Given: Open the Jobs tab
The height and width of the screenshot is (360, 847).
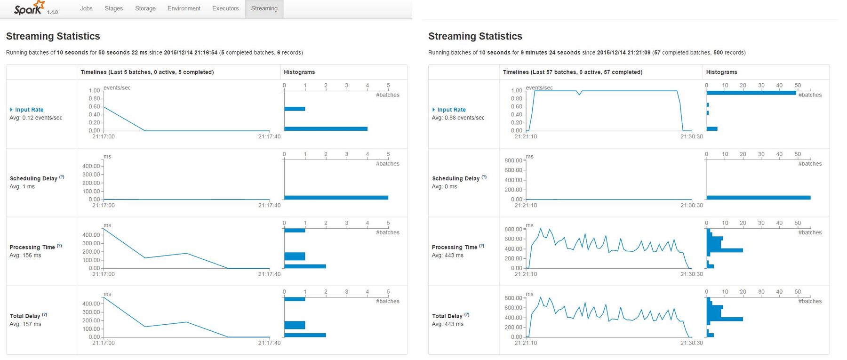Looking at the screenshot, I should tap(86, 8).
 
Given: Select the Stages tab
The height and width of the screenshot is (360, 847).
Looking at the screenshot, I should tap(113, 8).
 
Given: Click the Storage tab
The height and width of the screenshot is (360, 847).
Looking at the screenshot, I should tap(145, 8).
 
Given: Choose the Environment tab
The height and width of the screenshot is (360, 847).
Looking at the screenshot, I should tap(184, 8).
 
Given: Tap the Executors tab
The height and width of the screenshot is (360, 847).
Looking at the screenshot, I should tap(225, 8).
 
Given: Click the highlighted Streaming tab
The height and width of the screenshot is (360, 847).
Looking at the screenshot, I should tap(264, 8).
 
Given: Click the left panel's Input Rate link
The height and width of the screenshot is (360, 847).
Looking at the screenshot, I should tap(29, 110).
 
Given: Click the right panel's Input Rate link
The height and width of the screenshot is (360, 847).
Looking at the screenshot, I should tap(451, 110).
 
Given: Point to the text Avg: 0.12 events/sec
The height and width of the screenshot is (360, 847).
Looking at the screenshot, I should tap(36, 118).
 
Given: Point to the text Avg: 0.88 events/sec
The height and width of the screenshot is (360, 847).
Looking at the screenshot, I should tap(458, 118).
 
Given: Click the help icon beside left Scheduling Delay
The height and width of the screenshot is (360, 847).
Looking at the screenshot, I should tap(62, 177).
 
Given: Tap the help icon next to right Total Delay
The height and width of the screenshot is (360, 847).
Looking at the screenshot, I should tap(467, 314).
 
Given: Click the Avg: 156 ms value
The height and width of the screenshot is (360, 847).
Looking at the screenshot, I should tap(25, 256).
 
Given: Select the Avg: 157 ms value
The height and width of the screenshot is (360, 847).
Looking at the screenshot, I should tap(25, 324).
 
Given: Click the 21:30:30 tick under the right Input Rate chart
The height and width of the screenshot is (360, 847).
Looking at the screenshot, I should tap(691, 136).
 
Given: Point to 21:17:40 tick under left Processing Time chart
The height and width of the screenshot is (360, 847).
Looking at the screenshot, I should tap(269, 274).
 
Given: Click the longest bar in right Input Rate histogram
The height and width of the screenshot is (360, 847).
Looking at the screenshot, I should tap(751, 93).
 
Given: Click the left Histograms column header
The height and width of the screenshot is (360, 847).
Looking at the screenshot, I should tap(299, 72).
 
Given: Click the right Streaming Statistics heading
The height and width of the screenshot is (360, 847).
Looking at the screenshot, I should tap(475, 36).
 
